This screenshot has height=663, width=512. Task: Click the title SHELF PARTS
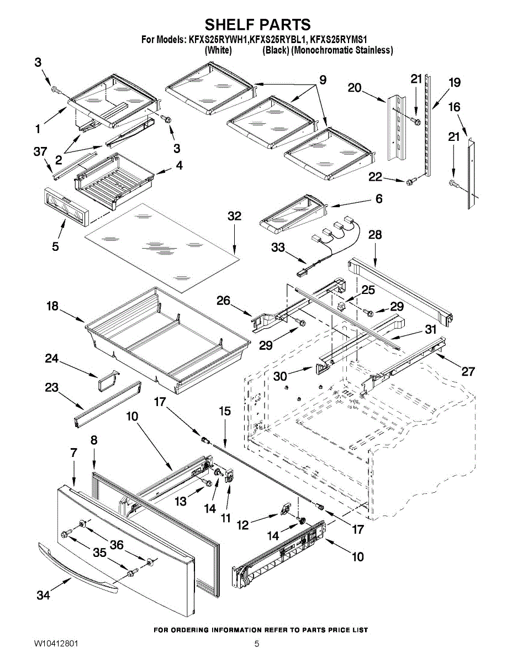(257, 25)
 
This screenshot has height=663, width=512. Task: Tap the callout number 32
(235, 216)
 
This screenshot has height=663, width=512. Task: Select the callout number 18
(52, 306)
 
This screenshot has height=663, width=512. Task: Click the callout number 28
(375, 235)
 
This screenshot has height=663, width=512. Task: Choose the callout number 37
(40, 151)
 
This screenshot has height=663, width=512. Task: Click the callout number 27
(468, 371)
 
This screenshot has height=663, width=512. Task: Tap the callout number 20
(355, 87)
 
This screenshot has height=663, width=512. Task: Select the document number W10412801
(56, 644)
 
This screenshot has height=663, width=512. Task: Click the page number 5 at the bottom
(257, 644)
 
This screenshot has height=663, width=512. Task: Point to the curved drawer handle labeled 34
(77, 569)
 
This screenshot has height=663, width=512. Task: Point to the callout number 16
(454, 107)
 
